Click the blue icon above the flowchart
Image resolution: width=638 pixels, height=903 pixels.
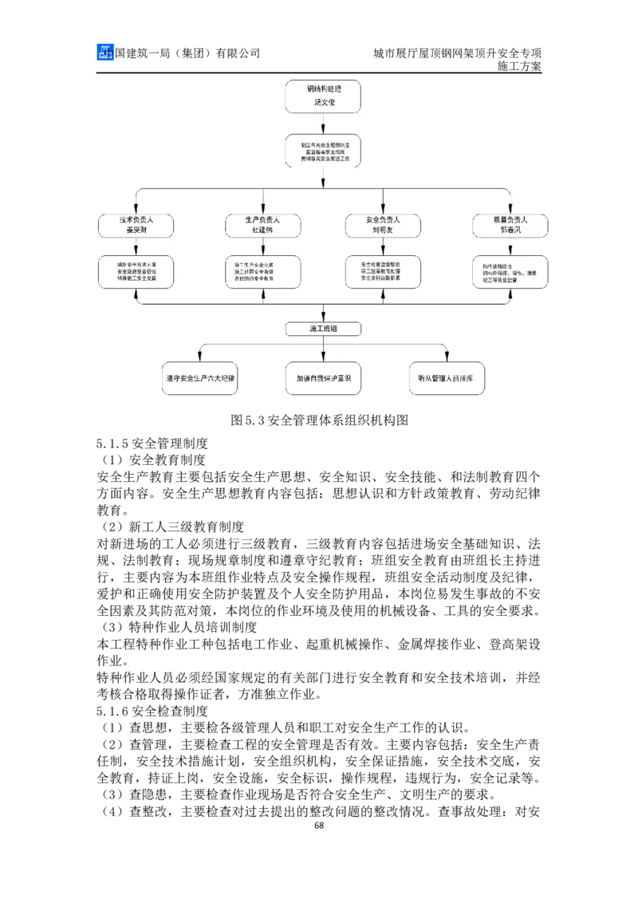105,51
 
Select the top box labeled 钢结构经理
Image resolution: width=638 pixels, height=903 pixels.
323,96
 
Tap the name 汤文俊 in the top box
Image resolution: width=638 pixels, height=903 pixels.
323,103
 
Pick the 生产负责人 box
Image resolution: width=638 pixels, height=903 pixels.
262,224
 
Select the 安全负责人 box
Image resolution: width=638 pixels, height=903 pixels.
383,224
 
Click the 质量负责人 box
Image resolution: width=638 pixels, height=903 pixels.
510,224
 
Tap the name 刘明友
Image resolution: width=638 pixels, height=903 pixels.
383,231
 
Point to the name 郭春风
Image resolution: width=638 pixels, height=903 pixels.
510,231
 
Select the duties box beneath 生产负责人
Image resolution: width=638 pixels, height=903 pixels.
262,271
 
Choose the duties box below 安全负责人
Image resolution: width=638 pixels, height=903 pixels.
383,271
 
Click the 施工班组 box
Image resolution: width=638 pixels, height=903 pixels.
323,329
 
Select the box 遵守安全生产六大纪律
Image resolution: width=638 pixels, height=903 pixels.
200,379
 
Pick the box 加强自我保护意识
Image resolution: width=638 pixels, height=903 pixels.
323,379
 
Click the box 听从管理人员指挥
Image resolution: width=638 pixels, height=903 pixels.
446,379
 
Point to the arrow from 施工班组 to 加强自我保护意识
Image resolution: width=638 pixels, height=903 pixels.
323,349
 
